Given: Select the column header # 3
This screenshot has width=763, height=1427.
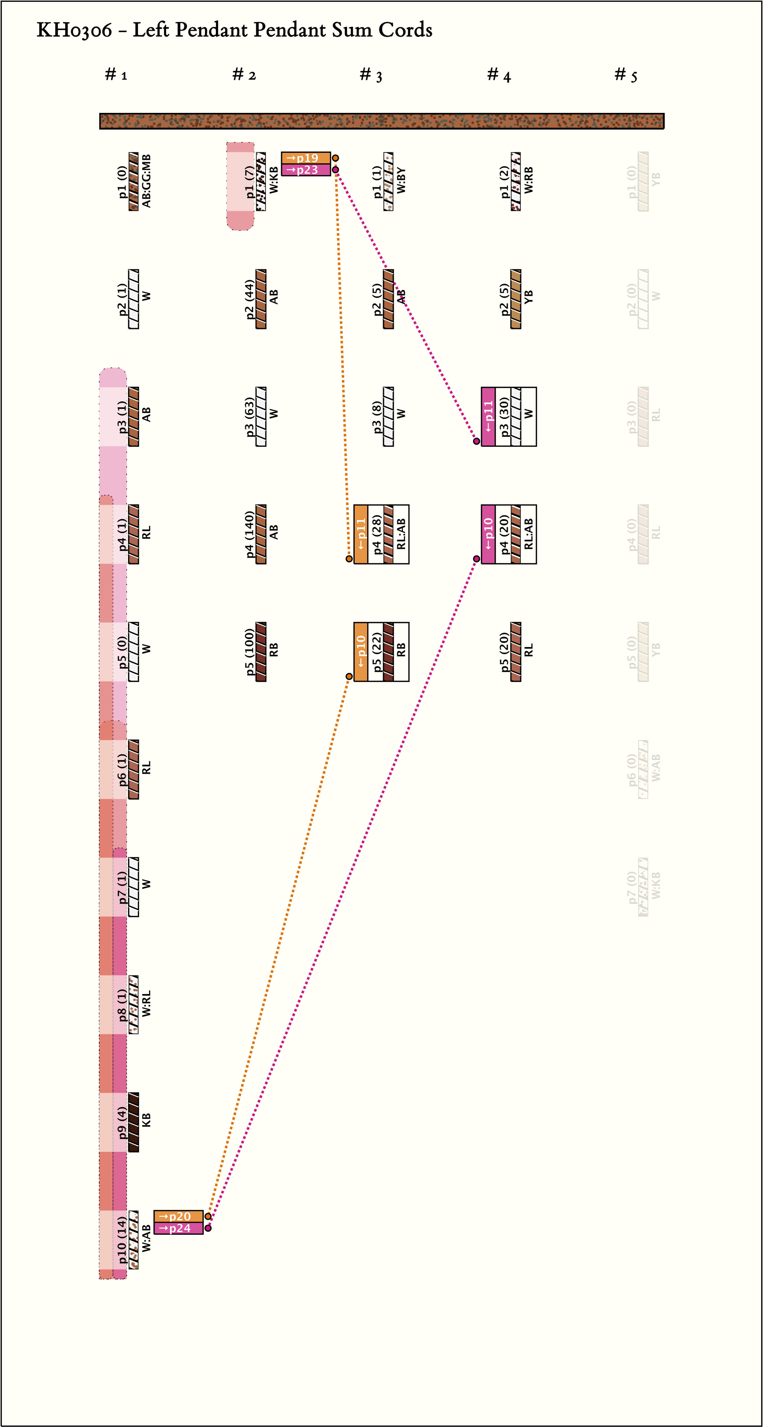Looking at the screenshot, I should point(371,75).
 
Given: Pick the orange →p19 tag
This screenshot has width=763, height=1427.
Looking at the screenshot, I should point(305,158).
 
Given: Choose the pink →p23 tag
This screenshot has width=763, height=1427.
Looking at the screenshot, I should point(305,170).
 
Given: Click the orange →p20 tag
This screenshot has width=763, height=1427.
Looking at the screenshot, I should point(178,1216).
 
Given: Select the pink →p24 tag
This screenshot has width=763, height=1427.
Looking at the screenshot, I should point(178,1228).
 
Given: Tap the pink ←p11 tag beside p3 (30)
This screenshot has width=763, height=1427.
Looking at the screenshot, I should point(488,417).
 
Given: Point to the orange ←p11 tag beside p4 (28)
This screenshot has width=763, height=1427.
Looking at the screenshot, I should point(361,534).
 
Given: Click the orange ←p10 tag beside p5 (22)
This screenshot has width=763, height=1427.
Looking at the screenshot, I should point(361,651).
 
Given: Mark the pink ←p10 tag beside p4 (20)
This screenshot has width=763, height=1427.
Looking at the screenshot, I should point(488,534).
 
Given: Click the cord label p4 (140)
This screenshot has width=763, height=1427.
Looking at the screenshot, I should point(249,534).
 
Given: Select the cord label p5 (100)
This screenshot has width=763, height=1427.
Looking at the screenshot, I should point(249,651).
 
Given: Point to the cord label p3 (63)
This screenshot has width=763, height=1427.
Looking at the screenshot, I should point(249,417).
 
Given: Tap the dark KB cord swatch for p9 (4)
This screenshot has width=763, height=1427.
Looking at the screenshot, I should point(133,1122).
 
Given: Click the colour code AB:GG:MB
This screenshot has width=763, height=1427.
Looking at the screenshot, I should point(146,181).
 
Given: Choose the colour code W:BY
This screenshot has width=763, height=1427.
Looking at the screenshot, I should point(401,181).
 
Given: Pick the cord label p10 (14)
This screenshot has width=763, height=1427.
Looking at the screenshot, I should point(122,1240).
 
